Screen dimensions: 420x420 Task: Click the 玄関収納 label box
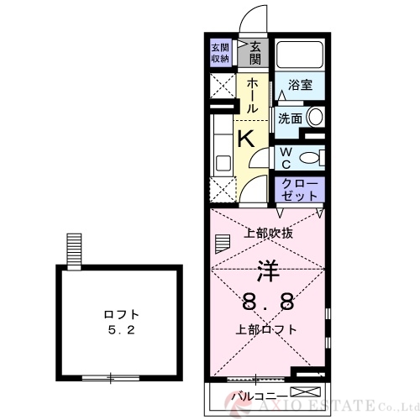click(220, 52)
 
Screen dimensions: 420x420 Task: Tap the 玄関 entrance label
click(254, 52)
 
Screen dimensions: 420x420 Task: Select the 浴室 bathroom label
click(301, 85)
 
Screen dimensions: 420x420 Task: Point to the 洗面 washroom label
click(291, 118)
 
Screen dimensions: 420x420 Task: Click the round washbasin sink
click(315, 118)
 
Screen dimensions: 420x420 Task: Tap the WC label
click(285, 157)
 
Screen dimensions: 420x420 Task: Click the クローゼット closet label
click(299, 188)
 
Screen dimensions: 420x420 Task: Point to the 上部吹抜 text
click(268, 234)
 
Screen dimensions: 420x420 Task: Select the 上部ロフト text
click(266, 328)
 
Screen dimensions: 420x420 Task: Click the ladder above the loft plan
click(75, 249)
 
